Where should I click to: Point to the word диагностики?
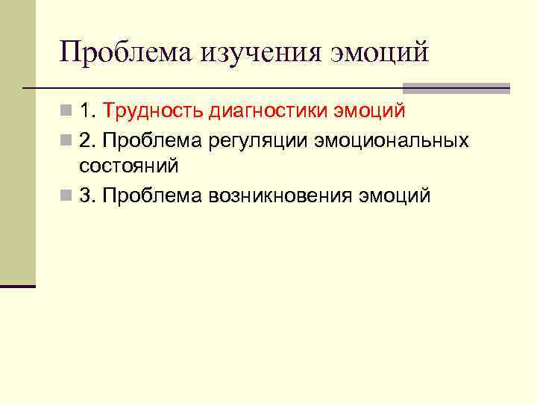pyautogui.click(x=271, y=112)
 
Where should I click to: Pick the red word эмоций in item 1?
pyautogui.click(x=369, y=112)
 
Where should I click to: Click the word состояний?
pyautogui.click(x=128, y=166)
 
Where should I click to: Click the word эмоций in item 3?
pyautogui.click(x=395, y=196)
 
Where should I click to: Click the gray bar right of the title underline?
pyautogui.click(x=456, y=88)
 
